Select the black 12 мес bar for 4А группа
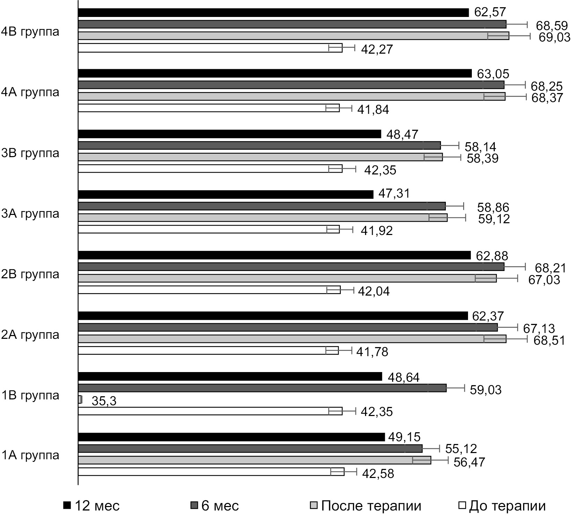[275, 73]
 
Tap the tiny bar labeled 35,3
[80, 399]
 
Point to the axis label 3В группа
[30, 153]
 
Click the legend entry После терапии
[365, 506]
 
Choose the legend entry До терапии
[502, 506]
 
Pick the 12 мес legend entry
[92, 506]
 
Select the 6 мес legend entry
[215, 506]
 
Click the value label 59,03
[485, 390]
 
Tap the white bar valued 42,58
[211, 472]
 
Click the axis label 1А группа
[30, 455]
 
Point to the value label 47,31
[394, 193]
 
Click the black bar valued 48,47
[229, 134]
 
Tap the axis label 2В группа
[30, 274]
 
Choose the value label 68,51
[549, 340]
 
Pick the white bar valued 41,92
[208, 229]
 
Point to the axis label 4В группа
[30, 32]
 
